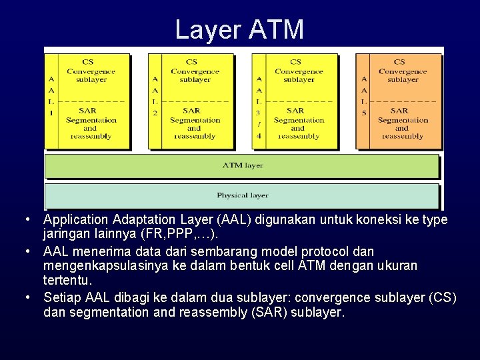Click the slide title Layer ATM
[x=239, y=29]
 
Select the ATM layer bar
[x=242, y=165]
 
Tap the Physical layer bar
[x=242, y=195]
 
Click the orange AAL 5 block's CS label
[x=399, y=63]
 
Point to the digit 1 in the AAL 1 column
[x=51, y=113]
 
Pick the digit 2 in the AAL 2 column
[x=155, y=113]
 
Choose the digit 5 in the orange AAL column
[x=363, y=113]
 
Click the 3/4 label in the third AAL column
[x=259, y=124]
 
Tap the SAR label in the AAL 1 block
[x=87, y=111]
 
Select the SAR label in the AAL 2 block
[x=191, y=111]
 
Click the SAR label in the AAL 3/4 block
[x=295, y=111]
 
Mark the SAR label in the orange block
[x=399, y=111]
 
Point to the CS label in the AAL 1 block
[x=87, y=63]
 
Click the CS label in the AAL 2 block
[x=191, y=63]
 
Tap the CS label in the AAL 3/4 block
[x=295, y=63]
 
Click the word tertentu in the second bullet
[x=67, y=281]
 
